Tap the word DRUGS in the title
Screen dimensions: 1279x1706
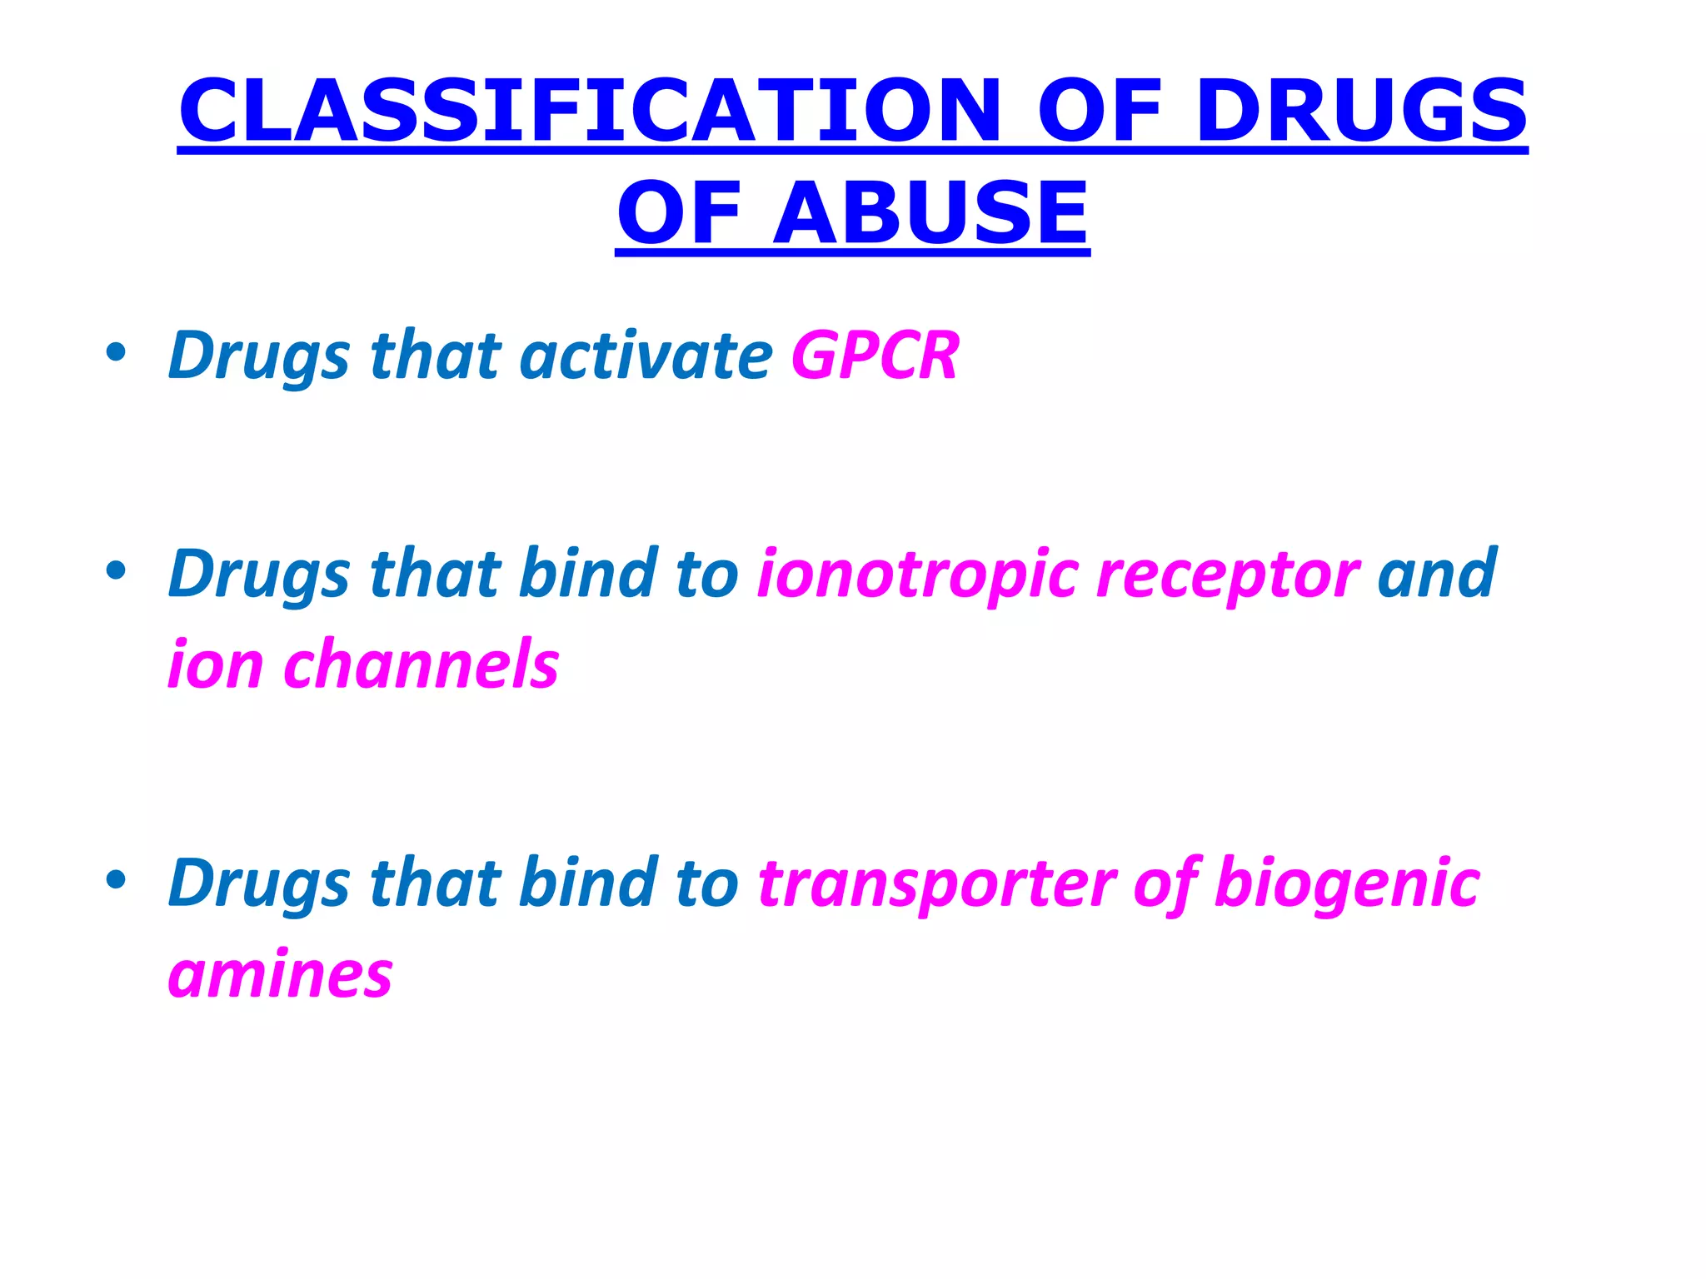pos(1361,110)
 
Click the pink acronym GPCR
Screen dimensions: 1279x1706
pos(875,356)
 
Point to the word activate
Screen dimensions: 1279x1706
pos(646,356)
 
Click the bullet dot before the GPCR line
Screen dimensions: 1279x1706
pos(116,353)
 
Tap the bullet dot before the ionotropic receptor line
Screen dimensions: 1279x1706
pos(116,571)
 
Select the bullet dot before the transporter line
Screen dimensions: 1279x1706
pos(116,880)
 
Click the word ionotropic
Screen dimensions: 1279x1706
pos(917,575)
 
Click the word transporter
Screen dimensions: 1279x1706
pos(936,883)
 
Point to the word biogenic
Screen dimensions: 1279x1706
pos(1346,883)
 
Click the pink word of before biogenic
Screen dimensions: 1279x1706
pos(1166,883)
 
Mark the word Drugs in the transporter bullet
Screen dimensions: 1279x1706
pos(258,883)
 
